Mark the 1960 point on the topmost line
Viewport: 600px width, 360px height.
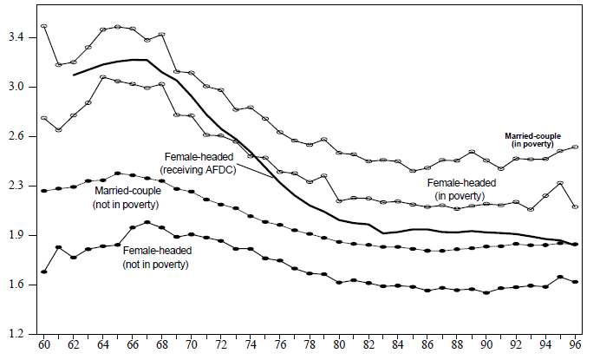[x=44, y=26]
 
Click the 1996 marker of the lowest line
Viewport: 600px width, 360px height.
[x=576, y=282]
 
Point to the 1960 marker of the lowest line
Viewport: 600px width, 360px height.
[x=44, y=272]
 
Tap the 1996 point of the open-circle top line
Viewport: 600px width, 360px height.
[x=576, y=147]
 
